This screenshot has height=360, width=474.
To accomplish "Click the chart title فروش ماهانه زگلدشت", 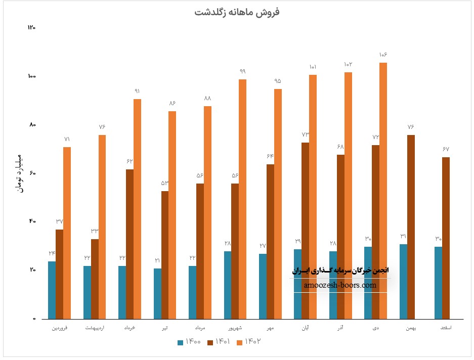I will (x=237, y=12).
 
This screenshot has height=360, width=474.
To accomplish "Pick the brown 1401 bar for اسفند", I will (x=446, y=238).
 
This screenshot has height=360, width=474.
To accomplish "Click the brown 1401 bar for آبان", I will (x=305, y=231).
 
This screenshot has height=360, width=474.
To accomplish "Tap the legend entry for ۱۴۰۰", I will (x=189, y=342).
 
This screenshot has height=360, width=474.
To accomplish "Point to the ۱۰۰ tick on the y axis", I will (x=31, y=76).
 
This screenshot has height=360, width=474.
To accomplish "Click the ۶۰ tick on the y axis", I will (x=32, y=173).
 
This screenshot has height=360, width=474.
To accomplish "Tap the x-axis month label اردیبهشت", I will (x=95, y=329).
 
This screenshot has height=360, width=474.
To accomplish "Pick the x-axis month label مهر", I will (x=271, y=329).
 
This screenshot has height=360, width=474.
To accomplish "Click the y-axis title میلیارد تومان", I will (x=19, y=171).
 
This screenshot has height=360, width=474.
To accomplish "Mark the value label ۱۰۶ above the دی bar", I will (x=383, y=55).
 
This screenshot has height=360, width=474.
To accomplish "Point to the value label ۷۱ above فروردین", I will (x=67, y=139).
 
